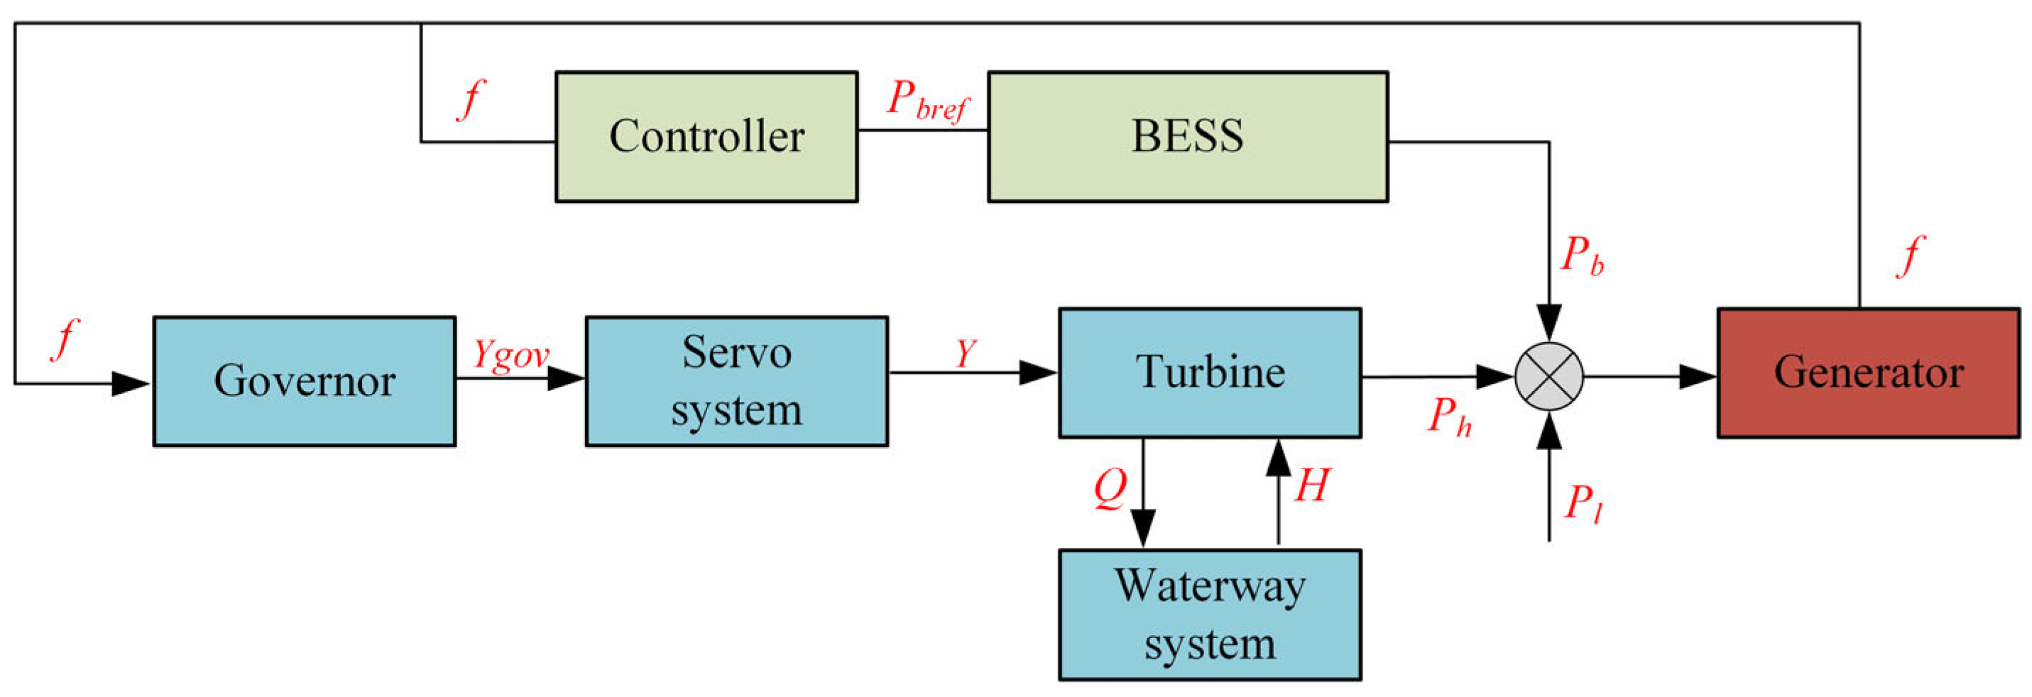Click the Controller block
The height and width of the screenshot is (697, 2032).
[x=706, y=137]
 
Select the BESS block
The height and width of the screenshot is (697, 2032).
[x=1187, y=137]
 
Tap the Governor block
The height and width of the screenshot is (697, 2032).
[x=304, y=381]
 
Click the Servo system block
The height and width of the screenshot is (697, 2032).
[x=736, y=381]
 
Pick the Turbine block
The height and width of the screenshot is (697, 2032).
[x=1209, y=372]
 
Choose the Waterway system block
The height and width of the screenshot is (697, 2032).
[x=1209, y=614]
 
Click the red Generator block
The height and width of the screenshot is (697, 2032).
[x=1868, y=372]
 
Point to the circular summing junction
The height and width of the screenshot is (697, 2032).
[x=1548, y=377]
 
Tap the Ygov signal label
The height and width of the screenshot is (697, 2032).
[x=510, y=355]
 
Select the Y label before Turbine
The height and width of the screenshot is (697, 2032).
[x=966, y=353]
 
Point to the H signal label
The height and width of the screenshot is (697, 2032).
[x=1312, y=485]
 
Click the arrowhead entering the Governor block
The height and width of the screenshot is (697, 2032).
[x=131, y=384]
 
